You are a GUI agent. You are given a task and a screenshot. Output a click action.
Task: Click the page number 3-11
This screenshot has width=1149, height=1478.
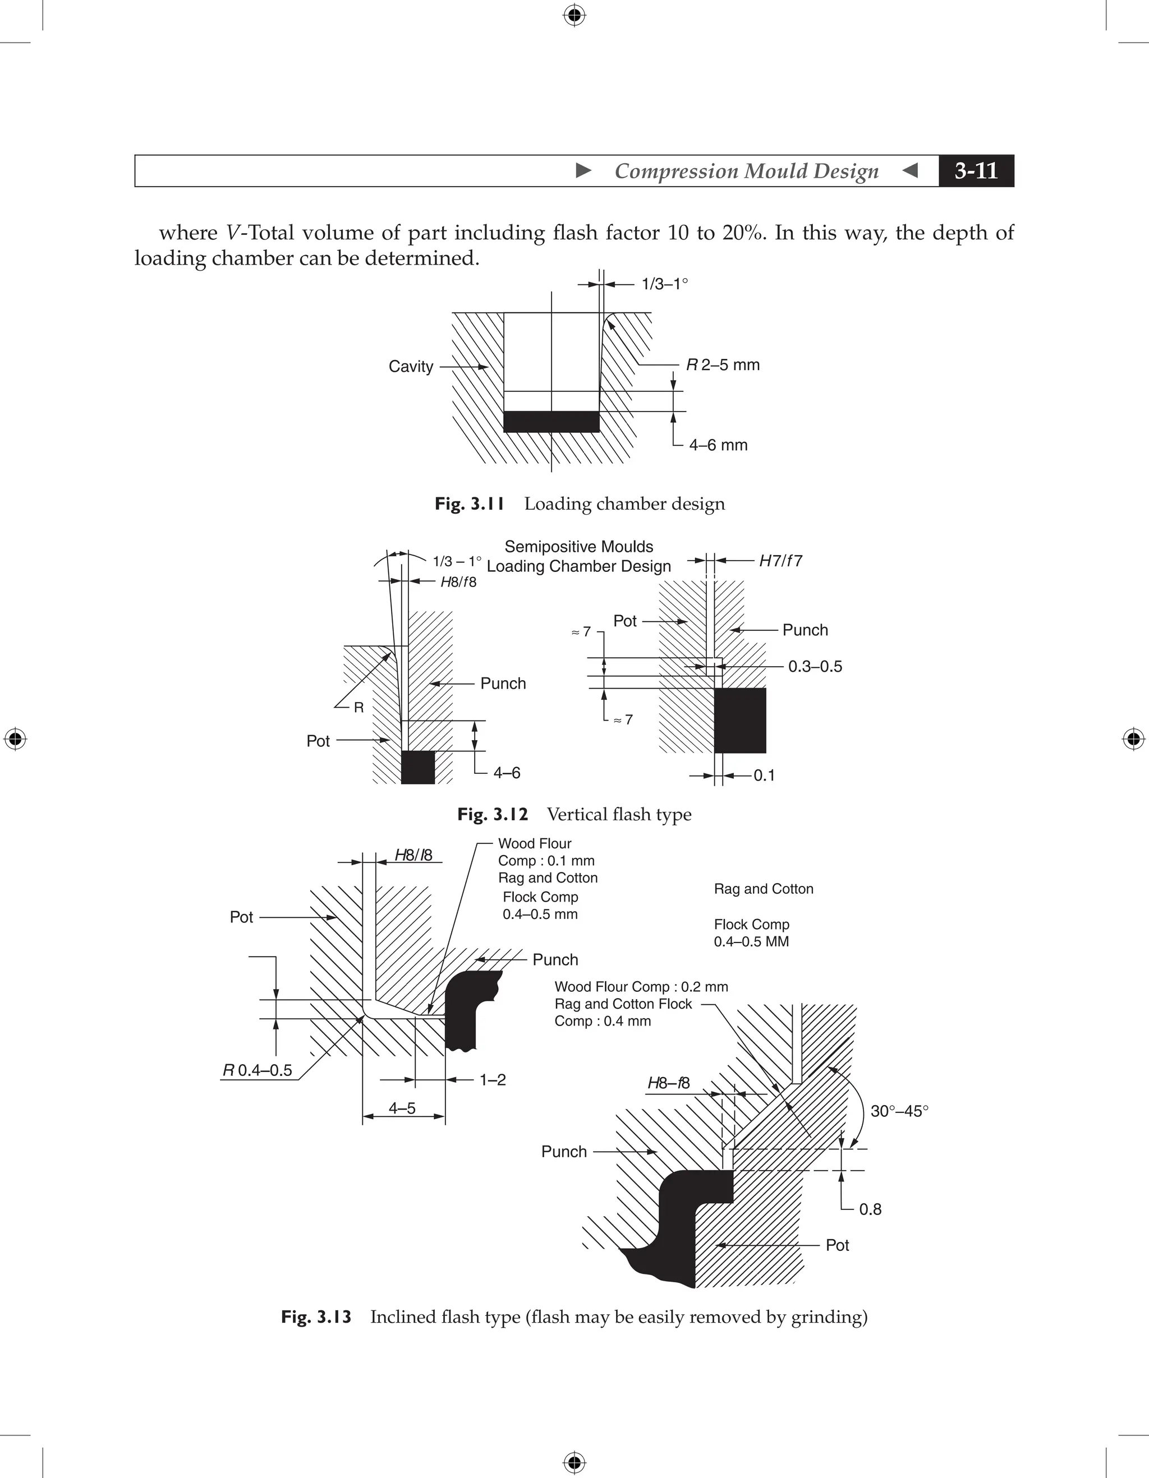[976, 170]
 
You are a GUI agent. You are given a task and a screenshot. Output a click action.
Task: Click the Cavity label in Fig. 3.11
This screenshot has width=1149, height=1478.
[410, 366]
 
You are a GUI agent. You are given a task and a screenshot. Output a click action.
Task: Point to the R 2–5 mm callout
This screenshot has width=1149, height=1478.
[723, 365]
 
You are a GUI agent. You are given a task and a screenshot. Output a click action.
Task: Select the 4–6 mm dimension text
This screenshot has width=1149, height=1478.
[718, 445]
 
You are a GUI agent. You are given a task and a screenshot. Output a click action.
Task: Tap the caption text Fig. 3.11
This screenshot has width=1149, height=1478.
[469, 504]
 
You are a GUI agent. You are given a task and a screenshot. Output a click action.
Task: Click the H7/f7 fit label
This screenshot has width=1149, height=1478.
[780, 560]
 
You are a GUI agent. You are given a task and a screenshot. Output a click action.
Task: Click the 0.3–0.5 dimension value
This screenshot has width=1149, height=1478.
[815, 667]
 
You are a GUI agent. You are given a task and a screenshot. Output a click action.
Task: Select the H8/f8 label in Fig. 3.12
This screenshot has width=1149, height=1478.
[458, 582]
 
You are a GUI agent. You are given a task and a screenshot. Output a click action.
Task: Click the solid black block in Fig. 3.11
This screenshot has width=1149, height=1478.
[551, 422]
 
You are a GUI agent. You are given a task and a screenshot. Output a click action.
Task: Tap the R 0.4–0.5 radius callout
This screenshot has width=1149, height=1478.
[258, 1070]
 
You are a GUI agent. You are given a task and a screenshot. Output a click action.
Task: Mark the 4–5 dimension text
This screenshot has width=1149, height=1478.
[402, 1108]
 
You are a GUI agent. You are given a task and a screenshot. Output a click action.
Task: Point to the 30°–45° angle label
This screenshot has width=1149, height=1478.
[899, 1111]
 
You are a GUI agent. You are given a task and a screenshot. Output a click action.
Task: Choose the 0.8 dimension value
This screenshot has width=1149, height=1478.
[870, 1209]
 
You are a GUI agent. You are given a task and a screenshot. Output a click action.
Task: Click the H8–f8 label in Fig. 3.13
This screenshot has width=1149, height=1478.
[668, 1083]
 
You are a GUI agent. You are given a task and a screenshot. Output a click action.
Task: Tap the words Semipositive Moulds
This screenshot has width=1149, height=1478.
[579, 547]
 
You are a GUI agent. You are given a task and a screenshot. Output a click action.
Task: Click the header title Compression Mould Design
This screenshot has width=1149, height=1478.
[746, 170]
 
